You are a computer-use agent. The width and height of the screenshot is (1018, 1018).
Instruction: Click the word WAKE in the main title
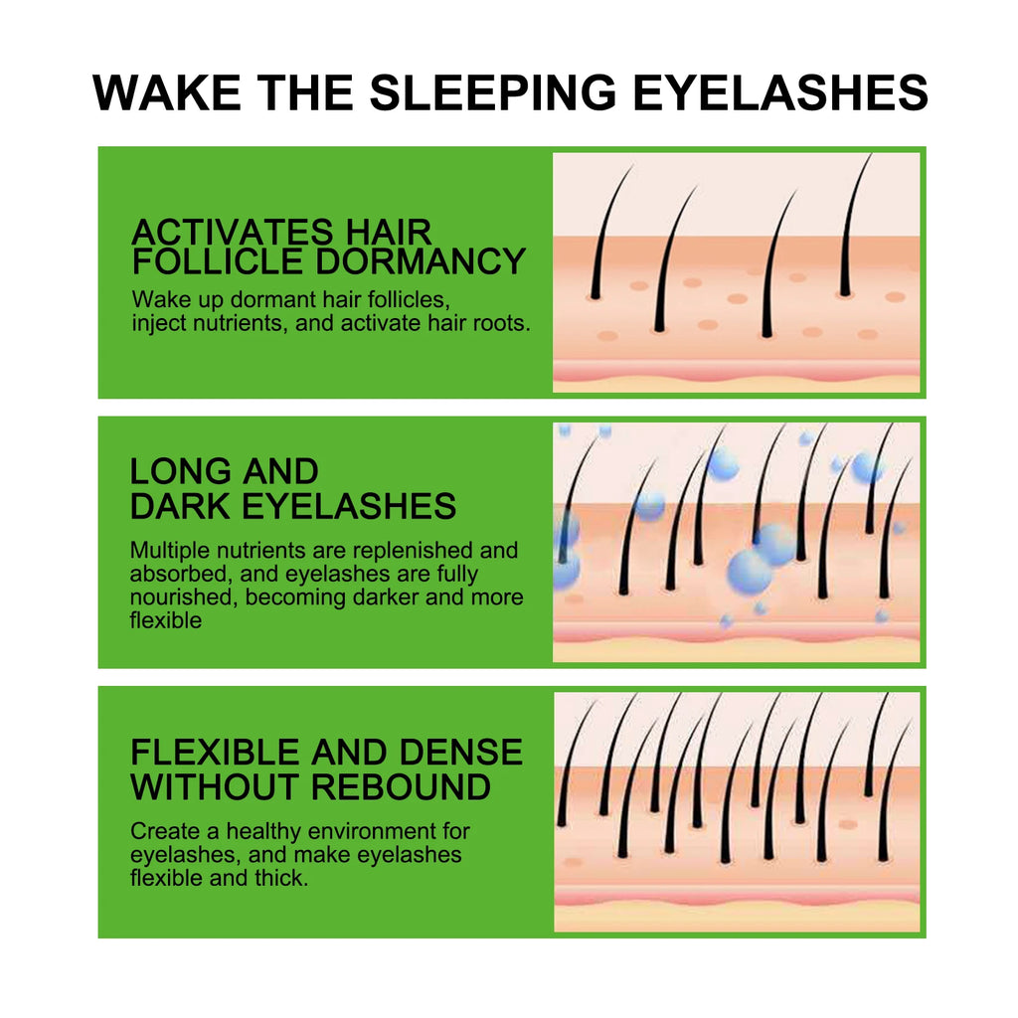(167, 92)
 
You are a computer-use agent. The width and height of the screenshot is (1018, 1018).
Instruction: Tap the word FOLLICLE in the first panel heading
(218, 261)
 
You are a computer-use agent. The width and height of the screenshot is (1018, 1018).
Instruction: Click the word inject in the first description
(155, 323)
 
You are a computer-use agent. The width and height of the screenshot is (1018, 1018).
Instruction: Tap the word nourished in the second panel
(184, 597)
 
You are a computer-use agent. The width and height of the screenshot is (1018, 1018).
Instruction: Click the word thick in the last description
(279, 878)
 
